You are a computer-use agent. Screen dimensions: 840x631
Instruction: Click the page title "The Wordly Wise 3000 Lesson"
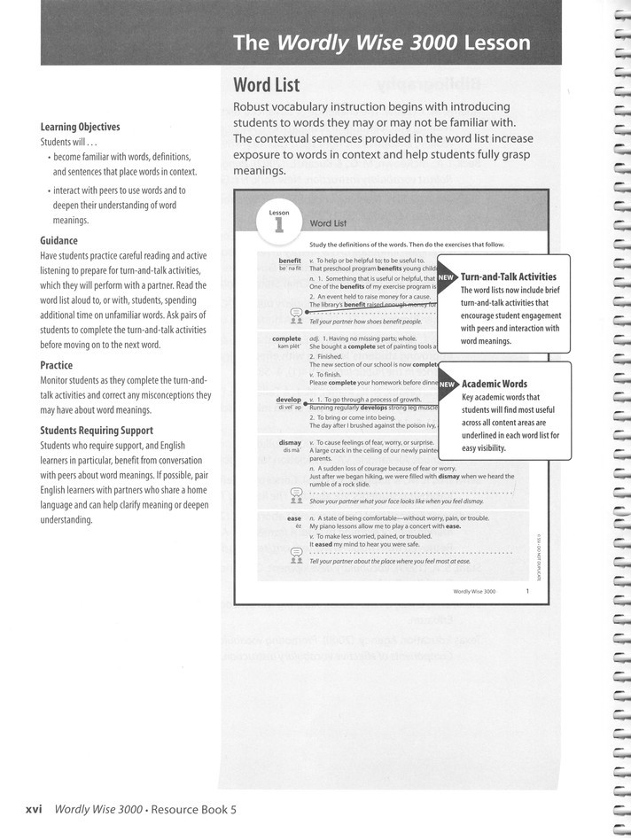click(381, 43)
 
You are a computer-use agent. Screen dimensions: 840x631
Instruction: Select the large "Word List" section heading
click(266, 85)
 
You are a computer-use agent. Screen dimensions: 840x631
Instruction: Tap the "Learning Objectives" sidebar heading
click(80, 127)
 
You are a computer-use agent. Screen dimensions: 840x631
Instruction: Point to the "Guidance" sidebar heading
click(58, 240)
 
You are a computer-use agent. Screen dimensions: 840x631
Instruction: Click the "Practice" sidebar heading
click(57, 364)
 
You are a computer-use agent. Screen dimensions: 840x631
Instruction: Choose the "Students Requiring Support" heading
click(97, 431)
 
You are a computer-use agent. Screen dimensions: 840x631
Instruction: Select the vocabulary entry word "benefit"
click(289, 261)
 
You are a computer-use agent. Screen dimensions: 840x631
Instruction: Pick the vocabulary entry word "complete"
click(286, 338)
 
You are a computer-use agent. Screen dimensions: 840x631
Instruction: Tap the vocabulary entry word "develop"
click(288, 400)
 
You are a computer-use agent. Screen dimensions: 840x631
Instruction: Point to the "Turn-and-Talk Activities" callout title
click(509, 277)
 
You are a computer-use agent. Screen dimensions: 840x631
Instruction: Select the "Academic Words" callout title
click(495, 385)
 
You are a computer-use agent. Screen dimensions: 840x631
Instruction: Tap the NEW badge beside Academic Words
click(448, 385)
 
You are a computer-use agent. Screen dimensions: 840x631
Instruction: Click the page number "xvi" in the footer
click(35, 808)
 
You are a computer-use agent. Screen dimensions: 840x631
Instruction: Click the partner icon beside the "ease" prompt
click(297, 556)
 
